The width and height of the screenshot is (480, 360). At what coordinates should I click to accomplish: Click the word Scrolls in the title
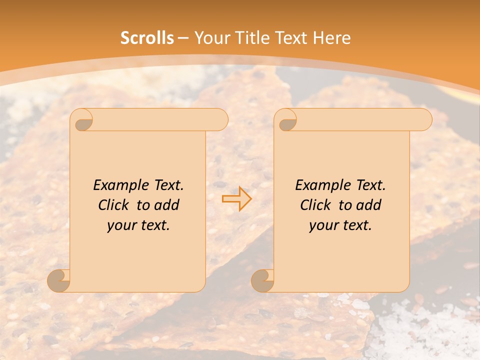pyautogui.click(x=147, y=38)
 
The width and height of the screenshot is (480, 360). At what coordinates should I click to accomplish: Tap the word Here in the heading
pyautogui.click(x=331, y=38)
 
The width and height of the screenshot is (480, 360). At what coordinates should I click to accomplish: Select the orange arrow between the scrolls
pyautogui.click(x=236, y=198)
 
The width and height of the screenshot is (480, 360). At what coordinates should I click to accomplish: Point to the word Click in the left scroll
pyautogui.click(x=114, y=205)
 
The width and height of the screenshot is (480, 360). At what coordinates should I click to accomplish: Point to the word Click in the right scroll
pyautogui.click(x=316, y=205)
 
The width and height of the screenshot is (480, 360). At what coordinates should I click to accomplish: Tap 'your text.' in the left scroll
pyautogui.click(x=138, y=225)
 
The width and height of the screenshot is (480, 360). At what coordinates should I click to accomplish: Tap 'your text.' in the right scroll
pyautogui.click(x=340, y=225)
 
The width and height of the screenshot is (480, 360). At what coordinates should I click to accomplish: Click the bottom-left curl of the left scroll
pyautogui.click(x=58, y=280)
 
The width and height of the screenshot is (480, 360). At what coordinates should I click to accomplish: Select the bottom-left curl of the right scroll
pyautogui.click(x=262, y=280)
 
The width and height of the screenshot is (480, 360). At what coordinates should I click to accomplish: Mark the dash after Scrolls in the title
pyautogui.click(x=183, y=38)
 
